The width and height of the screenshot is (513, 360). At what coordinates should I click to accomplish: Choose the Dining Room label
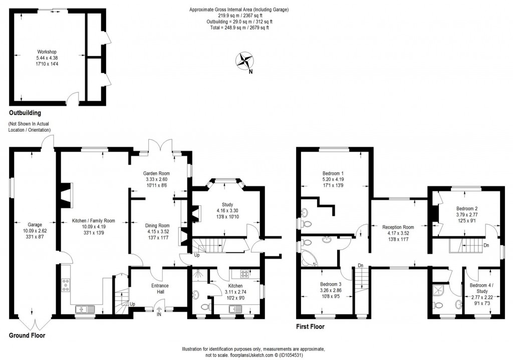pos(158,225)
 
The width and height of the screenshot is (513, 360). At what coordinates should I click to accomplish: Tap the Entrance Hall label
pos(160,285)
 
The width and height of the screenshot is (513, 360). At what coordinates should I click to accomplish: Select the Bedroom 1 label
pos(333,174)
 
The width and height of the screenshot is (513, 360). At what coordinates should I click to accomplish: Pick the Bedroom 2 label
pos(466,208)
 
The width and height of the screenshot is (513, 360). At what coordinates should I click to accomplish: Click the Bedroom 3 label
pos(331,284)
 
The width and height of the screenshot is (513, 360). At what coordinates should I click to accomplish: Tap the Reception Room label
pos(398,227)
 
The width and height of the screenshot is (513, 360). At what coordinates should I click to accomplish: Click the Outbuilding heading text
pos(25,113)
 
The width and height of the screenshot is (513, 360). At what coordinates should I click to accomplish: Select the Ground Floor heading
pos(27,335)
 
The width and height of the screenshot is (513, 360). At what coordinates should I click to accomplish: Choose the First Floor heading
pos(310,327)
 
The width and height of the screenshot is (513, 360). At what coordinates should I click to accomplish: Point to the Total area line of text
pos(239,28)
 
